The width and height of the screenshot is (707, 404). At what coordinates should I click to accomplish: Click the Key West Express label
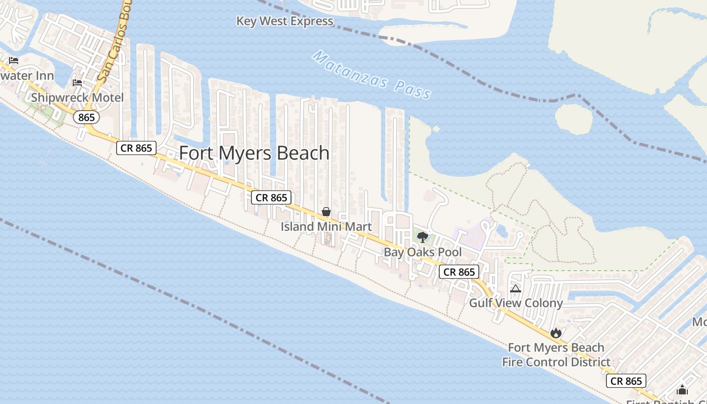285,21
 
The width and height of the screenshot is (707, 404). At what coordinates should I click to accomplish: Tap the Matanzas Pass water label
372,75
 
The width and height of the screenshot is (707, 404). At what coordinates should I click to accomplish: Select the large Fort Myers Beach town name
255,153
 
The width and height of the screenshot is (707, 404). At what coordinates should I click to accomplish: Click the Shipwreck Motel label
77,97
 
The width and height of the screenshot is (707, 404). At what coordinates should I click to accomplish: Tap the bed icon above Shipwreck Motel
77,82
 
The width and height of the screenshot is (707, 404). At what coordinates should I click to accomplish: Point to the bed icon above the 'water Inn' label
14,61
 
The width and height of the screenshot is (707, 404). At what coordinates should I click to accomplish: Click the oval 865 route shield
86,117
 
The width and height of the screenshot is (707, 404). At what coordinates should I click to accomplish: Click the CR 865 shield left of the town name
136,148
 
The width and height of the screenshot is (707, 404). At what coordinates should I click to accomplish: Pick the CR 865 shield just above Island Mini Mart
271,198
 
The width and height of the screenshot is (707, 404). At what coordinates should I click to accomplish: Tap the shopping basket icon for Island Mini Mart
326,212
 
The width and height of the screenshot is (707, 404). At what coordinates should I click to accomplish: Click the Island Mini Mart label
326,227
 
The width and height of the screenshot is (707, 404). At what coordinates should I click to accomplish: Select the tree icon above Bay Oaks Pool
423,237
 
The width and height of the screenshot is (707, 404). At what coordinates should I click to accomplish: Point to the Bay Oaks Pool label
423,252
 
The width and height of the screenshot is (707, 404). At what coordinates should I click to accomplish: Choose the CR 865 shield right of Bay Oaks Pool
459,272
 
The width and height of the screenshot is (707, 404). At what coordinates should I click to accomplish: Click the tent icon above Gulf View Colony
515,289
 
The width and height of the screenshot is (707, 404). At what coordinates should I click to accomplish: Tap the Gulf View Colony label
516,303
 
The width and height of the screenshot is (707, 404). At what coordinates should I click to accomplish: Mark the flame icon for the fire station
555,333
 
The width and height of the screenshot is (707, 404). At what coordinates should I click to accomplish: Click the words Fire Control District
556,362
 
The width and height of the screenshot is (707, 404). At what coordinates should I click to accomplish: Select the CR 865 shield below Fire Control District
626,381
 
